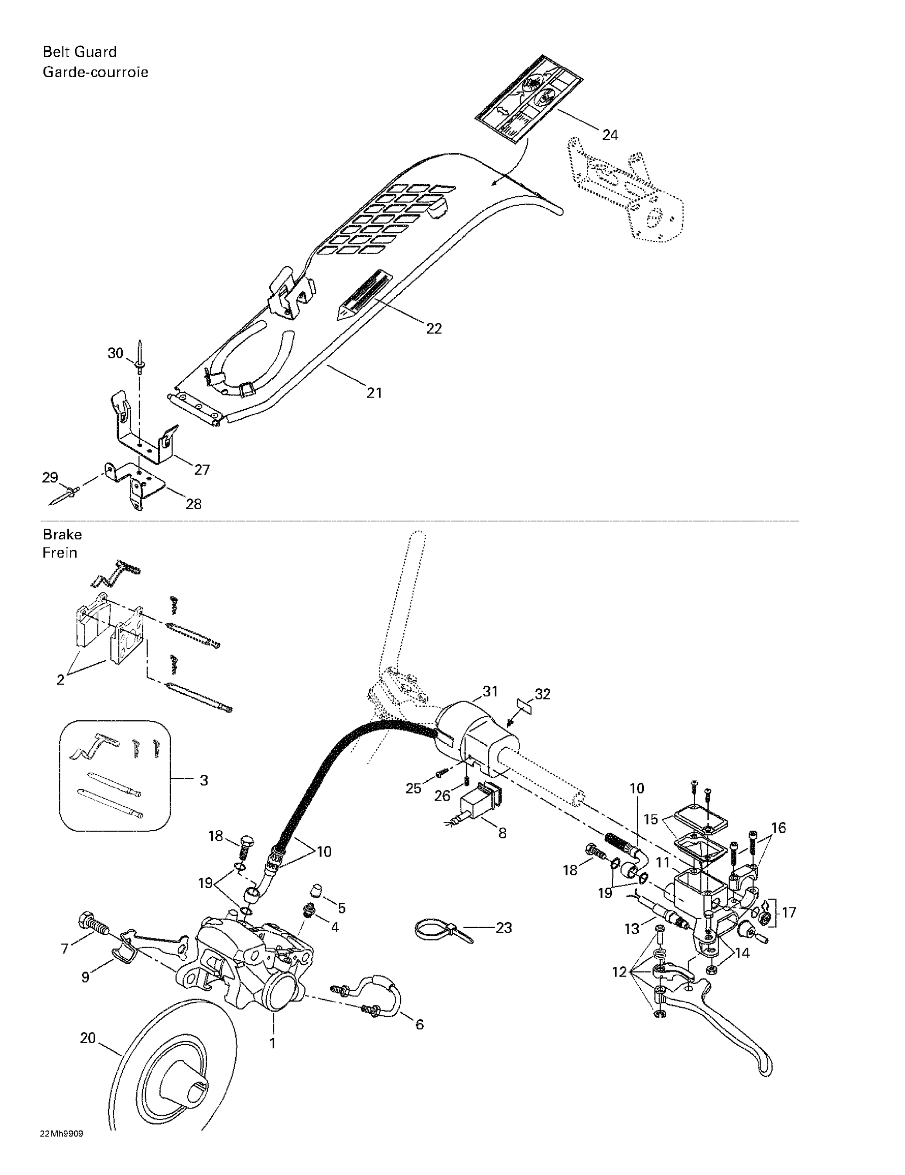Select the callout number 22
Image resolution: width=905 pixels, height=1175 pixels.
coord(434,328)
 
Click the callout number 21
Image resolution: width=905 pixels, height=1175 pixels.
coord(374,393)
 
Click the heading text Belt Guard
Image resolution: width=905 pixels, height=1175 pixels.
coord(79,52)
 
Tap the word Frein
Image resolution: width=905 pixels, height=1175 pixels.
coord(60,553)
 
